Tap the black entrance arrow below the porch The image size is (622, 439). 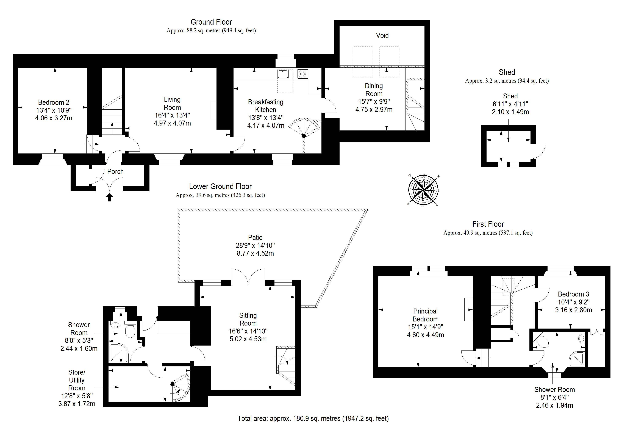pos(109,197)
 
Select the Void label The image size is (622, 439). pos(382,35)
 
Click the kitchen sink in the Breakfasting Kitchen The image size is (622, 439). pos(283,74)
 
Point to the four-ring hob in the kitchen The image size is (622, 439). pos(303,74)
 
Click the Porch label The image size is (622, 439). pos(115,172)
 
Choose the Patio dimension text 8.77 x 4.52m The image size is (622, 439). pos(255,253)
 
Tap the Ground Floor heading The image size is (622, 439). pos(211,22)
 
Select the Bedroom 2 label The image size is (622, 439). pos(54,102)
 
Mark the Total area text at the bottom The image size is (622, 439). pos(313,418)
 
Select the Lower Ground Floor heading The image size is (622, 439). pos(220,186)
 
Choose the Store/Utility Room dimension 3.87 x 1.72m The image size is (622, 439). pos(77,404)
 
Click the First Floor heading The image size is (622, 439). pos(488,224)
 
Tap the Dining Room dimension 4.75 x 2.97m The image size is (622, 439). pos(374,110)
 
